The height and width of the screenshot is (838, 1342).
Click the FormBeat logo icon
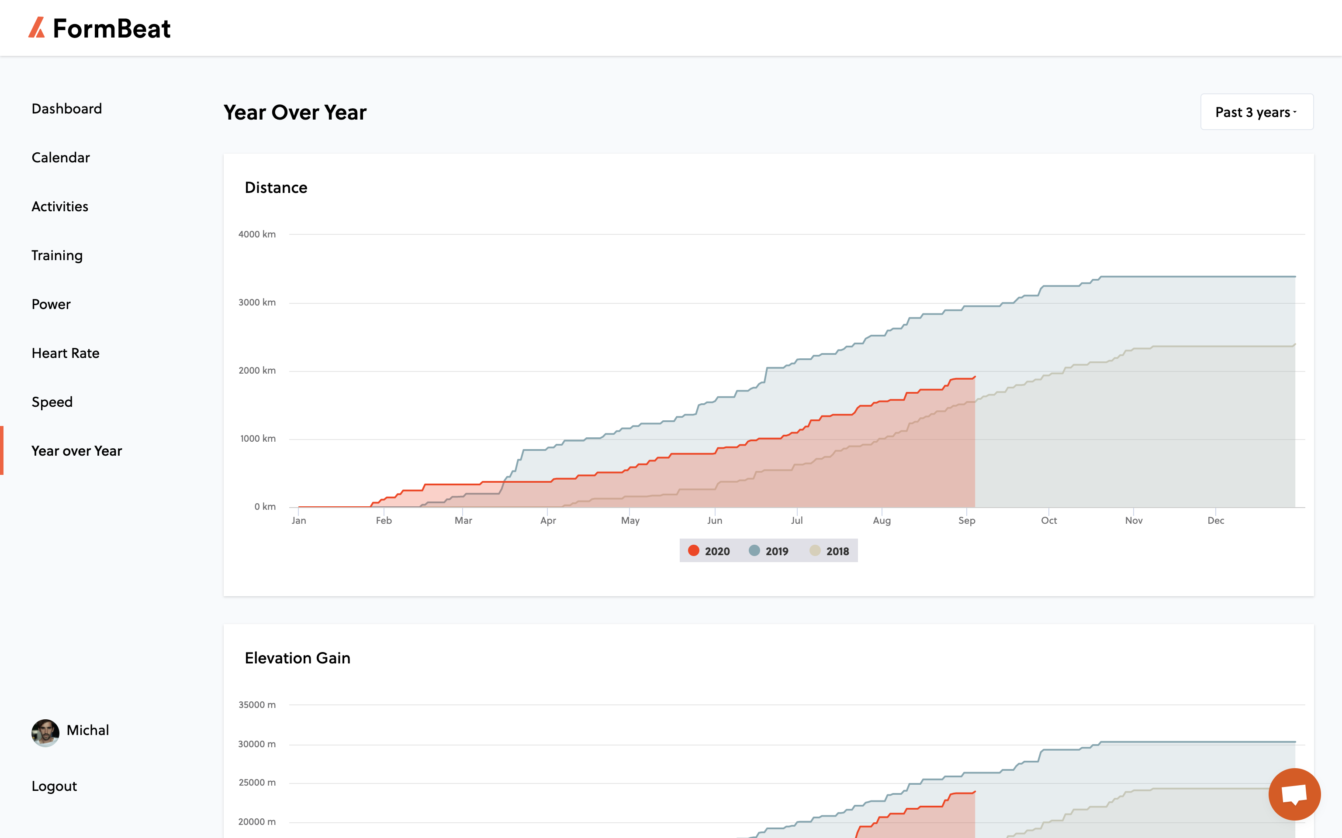coord(37,27)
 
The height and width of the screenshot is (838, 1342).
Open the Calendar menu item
coord(60,158)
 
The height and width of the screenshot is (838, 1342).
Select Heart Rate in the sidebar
coord(66,353)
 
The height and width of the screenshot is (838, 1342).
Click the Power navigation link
coord(51,304)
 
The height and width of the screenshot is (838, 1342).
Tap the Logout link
coord(54,786)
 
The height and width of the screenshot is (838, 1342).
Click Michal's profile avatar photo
coord(45,733)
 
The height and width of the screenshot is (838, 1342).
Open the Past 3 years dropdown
coord(1257,112)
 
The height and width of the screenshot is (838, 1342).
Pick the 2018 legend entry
coord(830,551)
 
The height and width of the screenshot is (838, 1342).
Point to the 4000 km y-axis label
coord(257,234)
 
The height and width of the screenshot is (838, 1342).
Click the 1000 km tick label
coord(258,439)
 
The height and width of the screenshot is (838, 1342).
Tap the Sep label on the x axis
coord(967,520)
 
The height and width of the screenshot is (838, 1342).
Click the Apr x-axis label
coord(548,520)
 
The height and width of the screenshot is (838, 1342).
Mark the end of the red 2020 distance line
coord(975,377)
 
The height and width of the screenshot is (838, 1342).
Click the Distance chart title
coord(276,187)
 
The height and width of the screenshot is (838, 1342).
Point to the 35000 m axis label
coord(257,705)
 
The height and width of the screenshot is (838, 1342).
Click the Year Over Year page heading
coord(295,113)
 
